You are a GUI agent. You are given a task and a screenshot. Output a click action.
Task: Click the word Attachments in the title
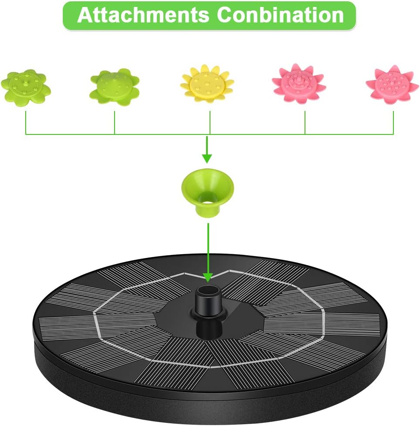tap(143, 15)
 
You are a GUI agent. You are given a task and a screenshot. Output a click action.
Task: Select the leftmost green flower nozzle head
tap(26, 87)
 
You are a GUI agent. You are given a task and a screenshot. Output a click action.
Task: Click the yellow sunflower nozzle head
tap(207, 83)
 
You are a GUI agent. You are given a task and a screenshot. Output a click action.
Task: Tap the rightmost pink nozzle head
tap(392, 84)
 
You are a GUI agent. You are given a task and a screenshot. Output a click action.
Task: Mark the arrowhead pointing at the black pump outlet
tap(208, 276)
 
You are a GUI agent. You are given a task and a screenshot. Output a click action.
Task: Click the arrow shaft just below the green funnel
tap(208, 244)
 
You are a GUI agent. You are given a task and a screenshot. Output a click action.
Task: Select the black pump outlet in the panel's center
tap(207, 300)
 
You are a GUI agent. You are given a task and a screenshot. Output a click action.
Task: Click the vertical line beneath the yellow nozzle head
tap(210, 122)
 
